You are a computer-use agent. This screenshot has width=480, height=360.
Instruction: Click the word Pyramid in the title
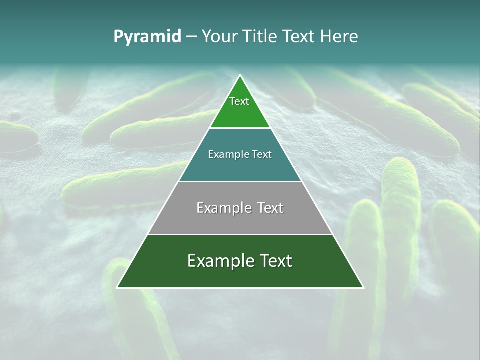pyautogui.click(x=147, y=37)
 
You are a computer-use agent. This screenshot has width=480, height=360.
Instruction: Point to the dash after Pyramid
pyautogui.click(x=191, y=37)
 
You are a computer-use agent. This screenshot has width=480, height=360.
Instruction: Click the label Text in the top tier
pyautogui.click(x=239, y=101)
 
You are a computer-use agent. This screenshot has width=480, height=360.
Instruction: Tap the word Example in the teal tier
pyautogui.click(x=224, y=154)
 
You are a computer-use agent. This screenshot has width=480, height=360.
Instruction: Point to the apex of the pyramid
pyautogui.click(x=240, y=76)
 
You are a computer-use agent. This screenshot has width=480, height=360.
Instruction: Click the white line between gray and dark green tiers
pyautogui.click(x=240, y=234)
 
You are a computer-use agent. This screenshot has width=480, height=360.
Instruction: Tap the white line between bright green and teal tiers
pyautogui.click(x=240, y=128)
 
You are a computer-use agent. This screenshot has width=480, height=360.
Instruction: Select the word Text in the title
pyautogui.click(x=299, y=37)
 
